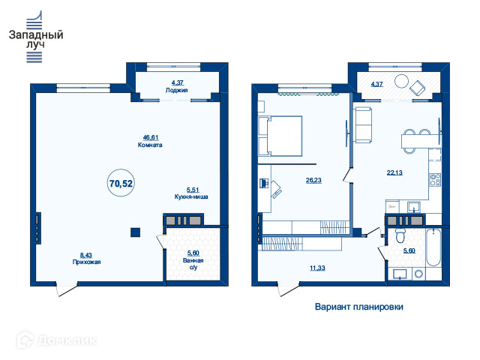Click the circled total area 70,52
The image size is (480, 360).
(121, 183)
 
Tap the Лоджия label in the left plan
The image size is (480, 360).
(177, 90)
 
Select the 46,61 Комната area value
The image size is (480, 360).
(151, 137)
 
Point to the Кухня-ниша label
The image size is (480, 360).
(191, 196)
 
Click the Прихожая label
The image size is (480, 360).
(87, 262)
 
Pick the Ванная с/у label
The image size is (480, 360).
(193, 264)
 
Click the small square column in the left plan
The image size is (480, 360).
(135, 232)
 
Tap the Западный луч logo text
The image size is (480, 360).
(36, 39)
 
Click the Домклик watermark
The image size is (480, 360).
(57, 340)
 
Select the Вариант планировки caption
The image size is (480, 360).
(359, 307)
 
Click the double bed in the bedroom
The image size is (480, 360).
(280, 136)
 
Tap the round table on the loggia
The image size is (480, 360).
(401, 82)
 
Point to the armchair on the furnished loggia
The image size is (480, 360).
(418, 88)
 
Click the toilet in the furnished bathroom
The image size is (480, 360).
(400, 235)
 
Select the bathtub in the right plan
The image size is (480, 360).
(433, 247)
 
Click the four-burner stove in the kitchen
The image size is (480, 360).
(435, 180)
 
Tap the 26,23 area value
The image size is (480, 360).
(313, 180)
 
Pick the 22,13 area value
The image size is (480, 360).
(394, 172)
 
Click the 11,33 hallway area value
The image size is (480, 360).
(317, 268)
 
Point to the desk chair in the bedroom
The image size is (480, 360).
(276, 190)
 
